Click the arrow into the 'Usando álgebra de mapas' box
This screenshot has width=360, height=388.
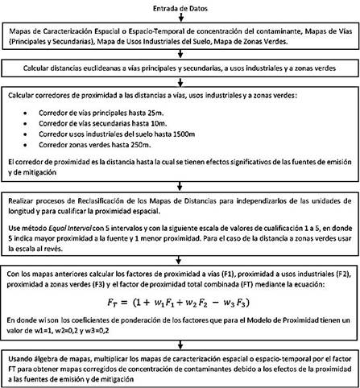[180, 344]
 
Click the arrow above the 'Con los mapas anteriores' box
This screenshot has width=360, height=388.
[180, 260]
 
